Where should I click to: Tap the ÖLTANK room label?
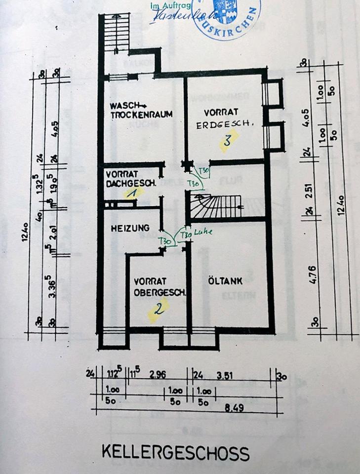[226, 282]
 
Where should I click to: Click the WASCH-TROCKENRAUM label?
[141, 110]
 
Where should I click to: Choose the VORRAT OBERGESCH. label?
[159, 287]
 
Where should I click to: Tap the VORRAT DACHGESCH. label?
[131, 178]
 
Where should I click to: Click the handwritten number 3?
[227, 140]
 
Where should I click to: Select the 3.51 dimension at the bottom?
[225, 376]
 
